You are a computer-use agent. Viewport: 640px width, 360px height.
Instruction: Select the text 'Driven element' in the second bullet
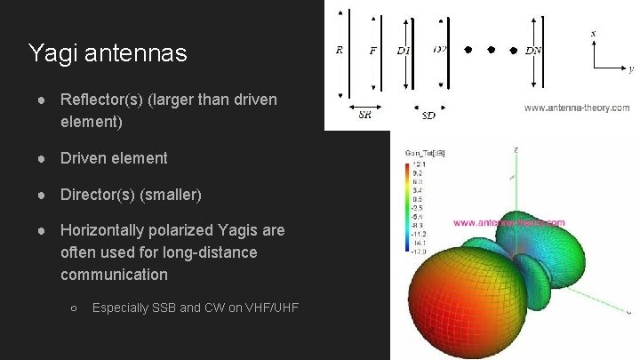click(113, 158)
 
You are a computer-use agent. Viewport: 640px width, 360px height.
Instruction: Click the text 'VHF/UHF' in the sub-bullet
click(269, 308)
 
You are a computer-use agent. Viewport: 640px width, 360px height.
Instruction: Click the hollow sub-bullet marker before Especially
click(75, 308)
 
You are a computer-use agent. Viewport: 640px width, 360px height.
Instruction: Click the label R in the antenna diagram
click(339, 51)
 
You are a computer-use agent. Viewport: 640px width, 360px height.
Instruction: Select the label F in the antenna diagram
click(373, 51)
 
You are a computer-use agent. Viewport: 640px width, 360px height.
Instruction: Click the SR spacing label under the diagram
click(364, 115)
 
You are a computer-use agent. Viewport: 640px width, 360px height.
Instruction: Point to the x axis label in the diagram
click(593, 34)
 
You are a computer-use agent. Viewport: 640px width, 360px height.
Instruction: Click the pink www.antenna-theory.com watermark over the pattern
click(509, 223)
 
